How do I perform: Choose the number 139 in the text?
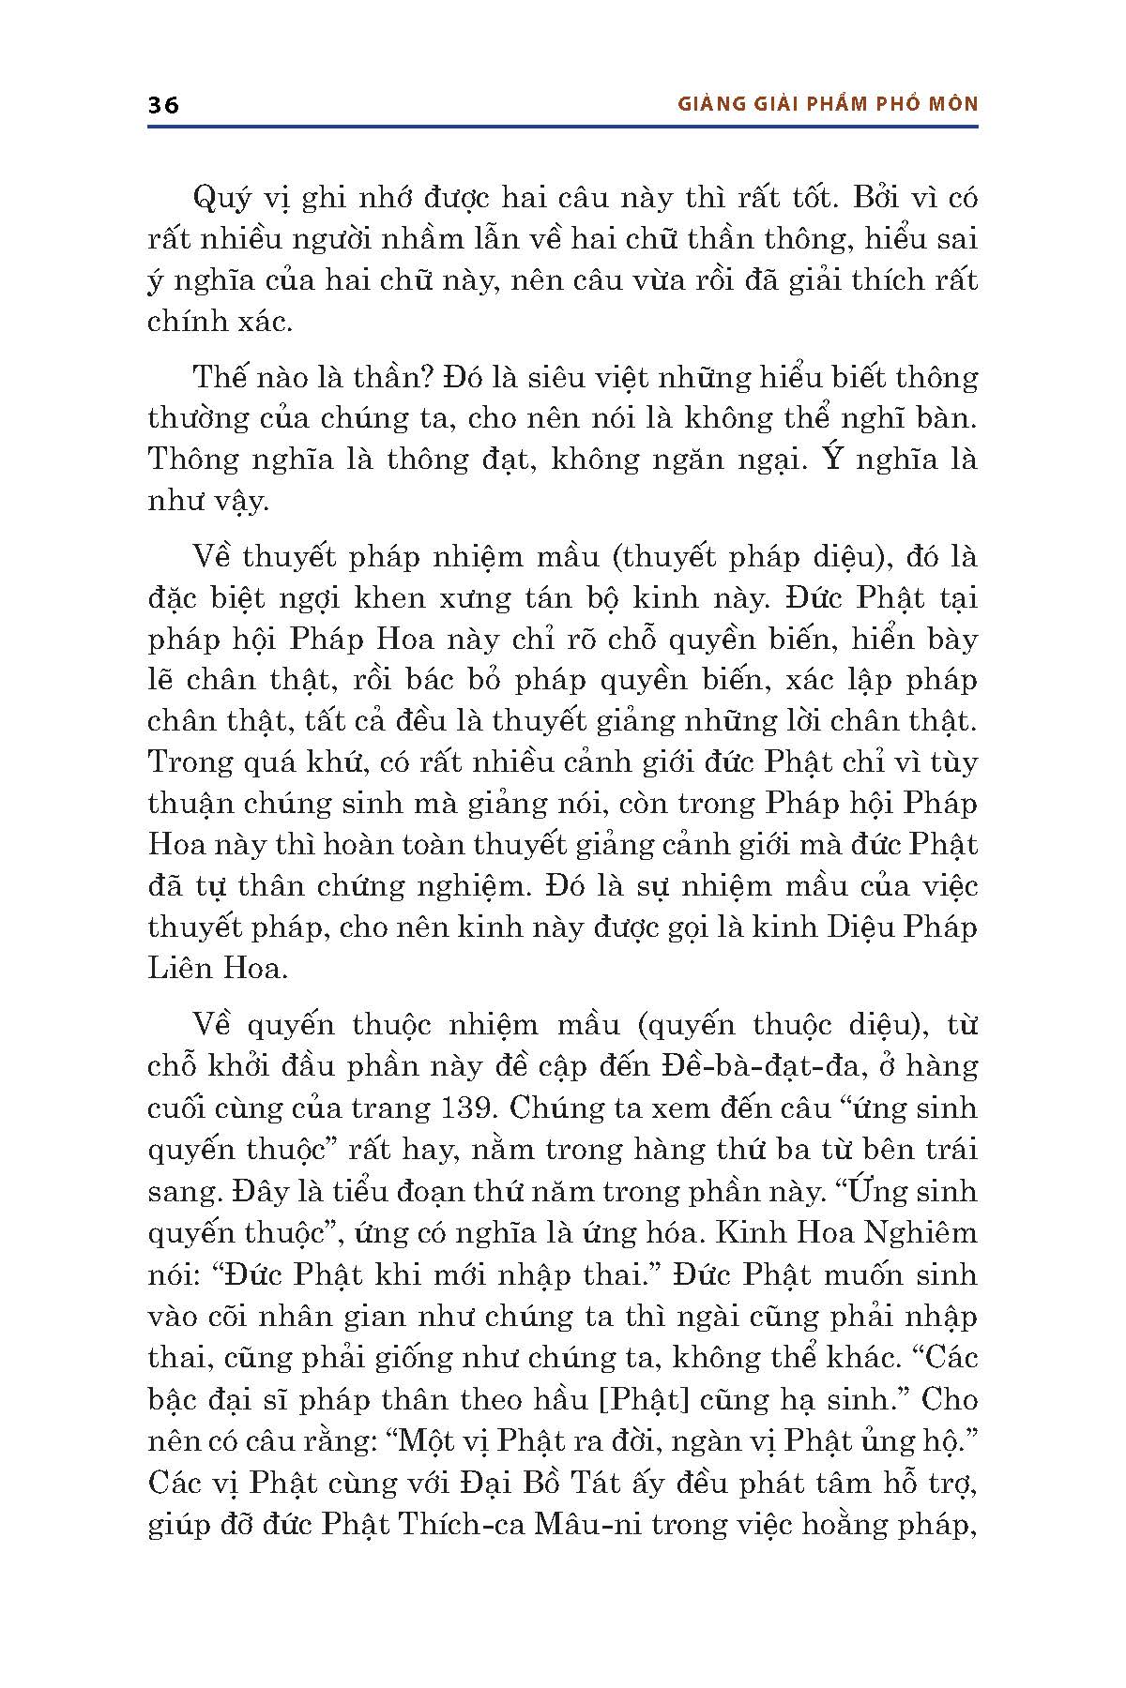(x=465, y=1108)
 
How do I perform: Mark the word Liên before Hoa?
(x=178, y=968)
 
